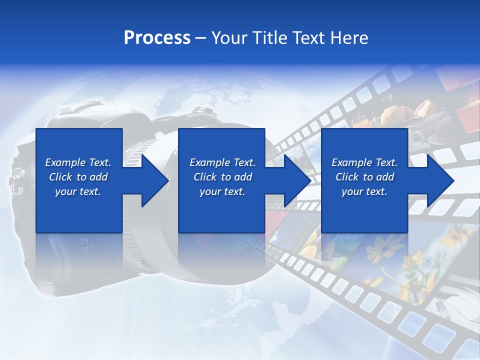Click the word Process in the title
(x=157, y=38)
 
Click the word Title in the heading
(x=269, y=38)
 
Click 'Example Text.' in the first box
(x=78, y=162)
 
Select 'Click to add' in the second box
(x=222, y=177)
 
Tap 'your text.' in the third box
(x=364, y=191)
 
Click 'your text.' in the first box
(x=78, y=191)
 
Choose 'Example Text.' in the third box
(x=364, y=162)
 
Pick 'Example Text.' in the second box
(x=222, y=162)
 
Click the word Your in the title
(x=228, y=38)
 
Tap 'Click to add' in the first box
(x=78, y=177)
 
